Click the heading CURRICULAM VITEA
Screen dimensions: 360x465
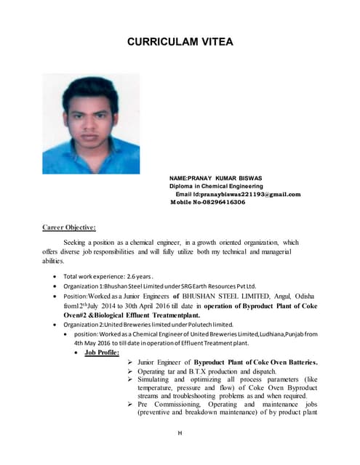point(180,41)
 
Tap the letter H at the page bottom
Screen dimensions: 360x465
point(179,434)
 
